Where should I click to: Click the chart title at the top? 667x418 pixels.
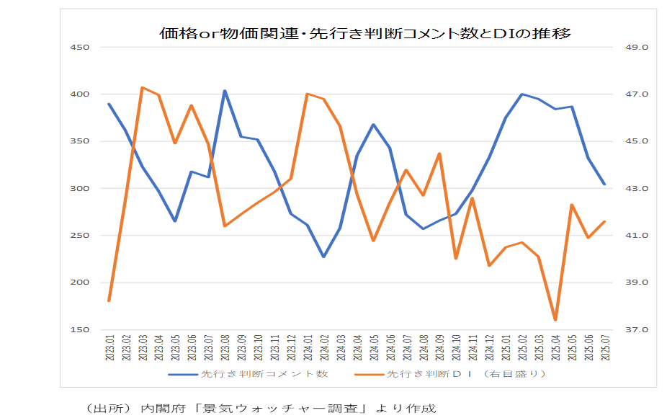pos(365,33)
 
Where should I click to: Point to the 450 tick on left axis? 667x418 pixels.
pos(79,48)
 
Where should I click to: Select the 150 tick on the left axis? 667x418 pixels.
pos(79,330)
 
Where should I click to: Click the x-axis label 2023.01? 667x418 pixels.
pos(109,347)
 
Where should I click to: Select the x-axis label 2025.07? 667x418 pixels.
pos(605,347)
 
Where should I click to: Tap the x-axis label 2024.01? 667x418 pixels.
pos(308,347)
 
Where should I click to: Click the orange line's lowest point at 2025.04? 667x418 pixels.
pos(555,320)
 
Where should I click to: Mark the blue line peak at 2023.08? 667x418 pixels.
pos(225,91)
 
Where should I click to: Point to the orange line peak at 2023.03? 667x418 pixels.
pos(142,87)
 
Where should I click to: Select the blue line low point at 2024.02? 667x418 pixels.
pos(324,257)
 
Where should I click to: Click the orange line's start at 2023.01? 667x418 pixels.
pos(109,301)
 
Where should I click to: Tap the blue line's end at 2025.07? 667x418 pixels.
pos(605,184)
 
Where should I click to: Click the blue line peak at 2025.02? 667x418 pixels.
pos(522,94)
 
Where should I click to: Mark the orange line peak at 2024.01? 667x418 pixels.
pos(308,94)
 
